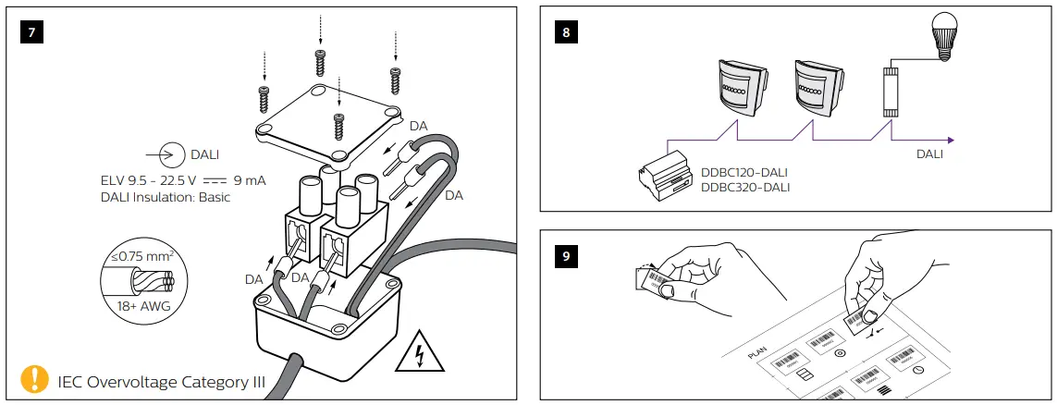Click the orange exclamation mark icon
[34, 379]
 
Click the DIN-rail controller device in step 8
[669, 172]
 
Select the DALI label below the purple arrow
[929, 154]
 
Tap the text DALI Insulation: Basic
[165, 197]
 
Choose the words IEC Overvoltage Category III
[162, 380]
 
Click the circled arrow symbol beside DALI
[167, 153]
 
